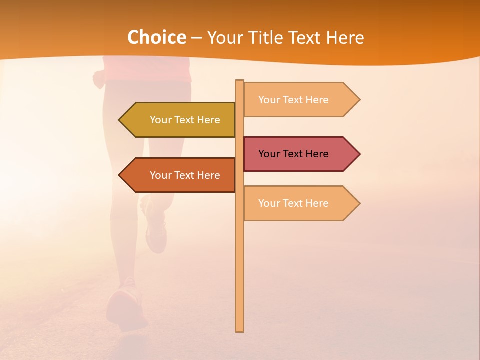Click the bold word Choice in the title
click(156, 38)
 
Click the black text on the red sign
click(293, 154)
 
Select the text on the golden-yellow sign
click(185, 120)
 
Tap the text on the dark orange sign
click(185, 175)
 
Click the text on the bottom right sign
click(293, 203)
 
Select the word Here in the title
click(345, 38)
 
